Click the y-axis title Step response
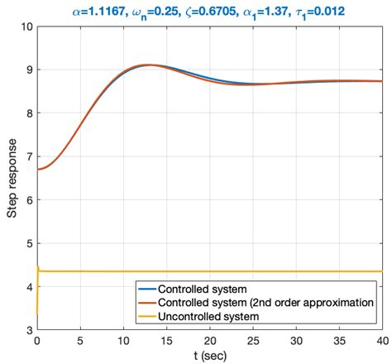point(12,178)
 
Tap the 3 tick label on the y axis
point(27,329)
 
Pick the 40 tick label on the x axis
point(381,341)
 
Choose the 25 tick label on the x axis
point(252,341)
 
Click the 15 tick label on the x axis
point(166,341)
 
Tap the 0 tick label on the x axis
point(37,341)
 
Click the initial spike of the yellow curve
point(38,266)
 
